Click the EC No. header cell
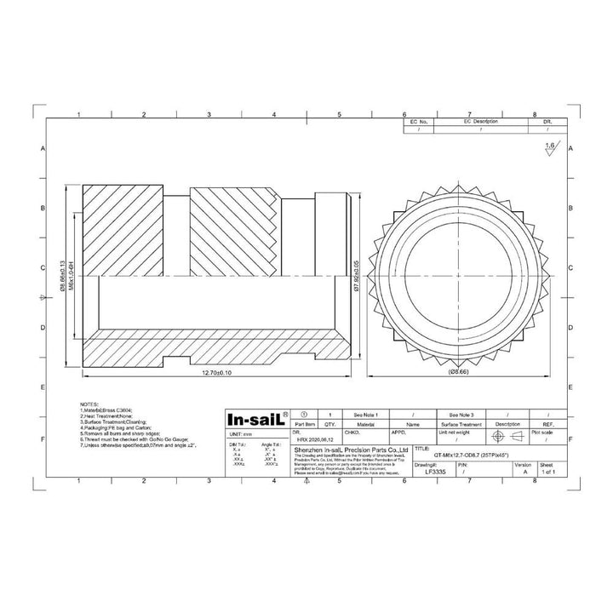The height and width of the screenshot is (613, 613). (x=418, y=123)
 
